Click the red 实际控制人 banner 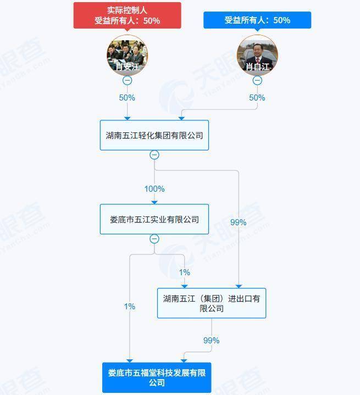128,15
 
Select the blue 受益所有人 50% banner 257,20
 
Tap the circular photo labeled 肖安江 128,55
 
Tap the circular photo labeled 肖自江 257,55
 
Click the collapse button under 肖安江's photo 128,80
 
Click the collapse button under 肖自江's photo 257,80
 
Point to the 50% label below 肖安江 127,97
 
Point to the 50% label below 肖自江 257,97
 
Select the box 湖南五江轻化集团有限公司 154,135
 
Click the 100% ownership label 154,188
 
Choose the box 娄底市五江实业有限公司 154,219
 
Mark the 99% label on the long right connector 239,222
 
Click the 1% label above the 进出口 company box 185,272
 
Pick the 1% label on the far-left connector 130,307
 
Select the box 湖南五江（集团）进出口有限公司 212,303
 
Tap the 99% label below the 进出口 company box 212,340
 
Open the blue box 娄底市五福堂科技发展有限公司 157,377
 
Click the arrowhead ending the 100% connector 154,203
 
